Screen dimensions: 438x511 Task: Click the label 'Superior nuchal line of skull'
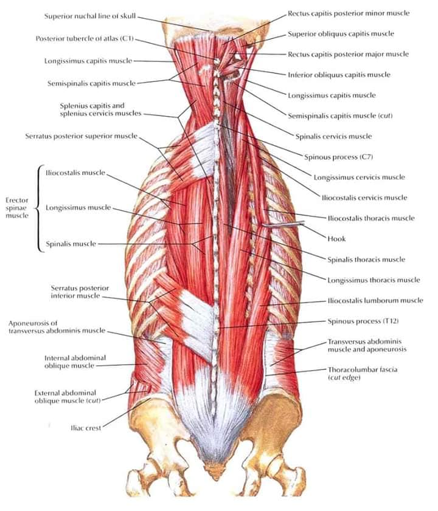tap(90, 16)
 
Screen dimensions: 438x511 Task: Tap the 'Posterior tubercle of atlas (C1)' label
tap(85, 38)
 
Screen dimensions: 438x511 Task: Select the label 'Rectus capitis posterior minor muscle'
tap(349, 13)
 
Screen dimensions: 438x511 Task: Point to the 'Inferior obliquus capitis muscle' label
tap(339, 75)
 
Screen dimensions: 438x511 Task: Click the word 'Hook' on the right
tap(336, 239)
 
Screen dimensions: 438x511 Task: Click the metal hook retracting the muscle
tap(283, 224)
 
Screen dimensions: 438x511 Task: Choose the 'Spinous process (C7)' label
tap(338, 157)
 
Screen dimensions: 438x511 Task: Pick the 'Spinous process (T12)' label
tap(363, 321)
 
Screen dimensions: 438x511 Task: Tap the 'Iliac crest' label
tap(86, 428)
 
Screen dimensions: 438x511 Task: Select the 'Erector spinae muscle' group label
tap(17, 208)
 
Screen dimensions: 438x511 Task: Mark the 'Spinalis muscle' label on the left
tap(71, 244)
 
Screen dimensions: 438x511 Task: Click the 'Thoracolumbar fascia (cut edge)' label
tap(363, 374)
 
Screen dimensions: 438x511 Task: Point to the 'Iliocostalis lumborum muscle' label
tap(375, 301)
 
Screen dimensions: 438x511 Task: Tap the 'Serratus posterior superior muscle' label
tap(82, 136)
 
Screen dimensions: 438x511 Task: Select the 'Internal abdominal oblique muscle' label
tap(75, 362)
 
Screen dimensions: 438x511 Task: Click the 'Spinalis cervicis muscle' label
tap(333, 137)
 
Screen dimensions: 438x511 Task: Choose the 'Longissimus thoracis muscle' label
tap(374, 280)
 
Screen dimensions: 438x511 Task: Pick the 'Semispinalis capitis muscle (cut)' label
tap(340, 115)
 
